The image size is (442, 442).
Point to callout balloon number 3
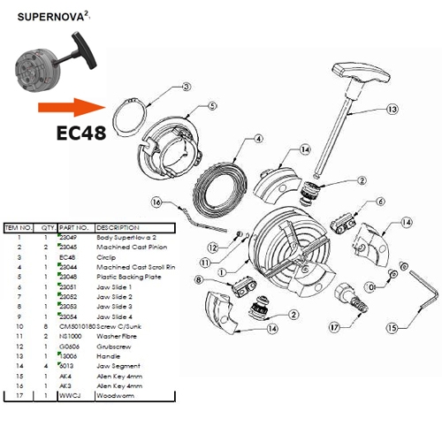[186, 87]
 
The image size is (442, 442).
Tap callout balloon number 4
[257, 139]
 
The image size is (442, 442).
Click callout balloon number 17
[333, 327]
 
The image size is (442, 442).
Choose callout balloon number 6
[379, 202]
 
